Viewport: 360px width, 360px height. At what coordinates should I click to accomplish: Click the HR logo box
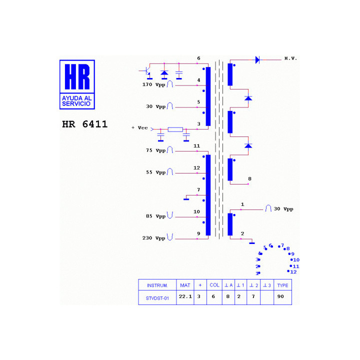pos(77,84)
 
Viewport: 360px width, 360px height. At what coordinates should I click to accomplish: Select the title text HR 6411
pos(84,124)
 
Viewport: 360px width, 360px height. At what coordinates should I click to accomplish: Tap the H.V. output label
pos(290,58)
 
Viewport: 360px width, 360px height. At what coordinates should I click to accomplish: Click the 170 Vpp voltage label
pos(153,84)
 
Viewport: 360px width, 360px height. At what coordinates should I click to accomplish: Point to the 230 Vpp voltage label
pos(153,238)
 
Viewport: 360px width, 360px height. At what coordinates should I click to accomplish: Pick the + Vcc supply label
pos(139,128)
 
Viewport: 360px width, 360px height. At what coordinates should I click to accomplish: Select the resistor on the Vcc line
pos(175,129)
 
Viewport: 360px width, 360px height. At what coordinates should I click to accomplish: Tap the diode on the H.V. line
pos(257,60)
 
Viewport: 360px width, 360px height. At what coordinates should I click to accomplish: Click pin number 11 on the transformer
pos(197,146)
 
